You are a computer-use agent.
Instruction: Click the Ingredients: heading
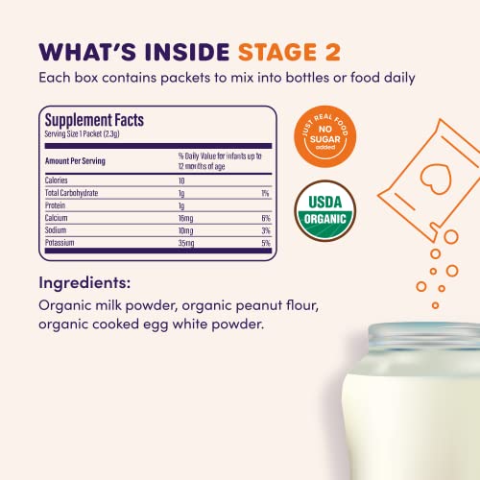[86, 283]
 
